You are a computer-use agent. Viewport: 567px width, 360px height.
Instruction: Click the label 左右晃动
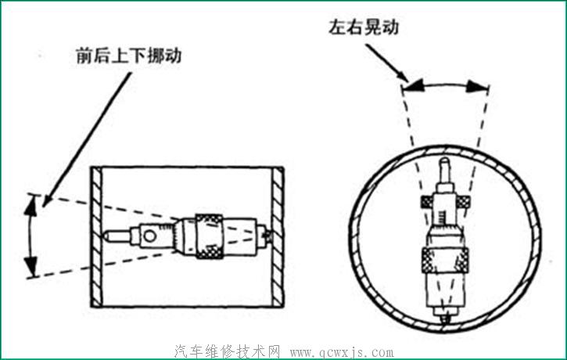364,27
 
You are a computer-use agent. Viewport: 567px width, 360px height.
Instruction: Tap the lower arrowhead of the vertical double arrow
31,268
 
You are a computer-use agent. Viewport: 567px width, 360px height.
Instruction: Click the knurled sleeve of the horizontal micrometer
210,235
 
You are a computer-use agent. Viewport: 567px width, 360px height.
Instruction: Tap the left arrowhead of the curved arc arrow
414,85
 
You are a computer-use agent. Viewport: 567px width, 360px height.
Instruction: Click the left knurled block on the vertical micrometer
427,202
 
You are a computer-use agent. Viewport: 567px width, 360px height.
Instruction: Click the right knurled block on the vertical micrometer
465,202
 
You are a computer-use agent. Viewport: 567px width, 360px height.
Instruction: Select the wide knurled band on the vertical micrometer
443,257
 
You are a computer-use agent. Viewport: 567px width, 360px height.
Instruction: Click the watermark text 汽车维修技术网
228,351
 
